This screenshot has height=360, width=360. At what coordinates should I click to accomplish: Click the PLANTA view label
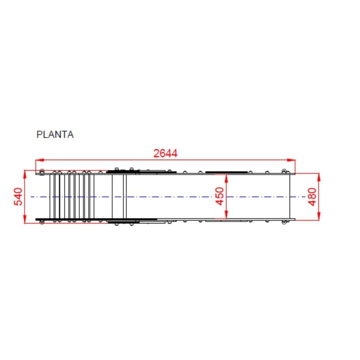[55, 134]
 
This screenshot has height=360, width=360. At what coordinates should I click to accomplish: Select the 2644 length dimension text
[165, 153]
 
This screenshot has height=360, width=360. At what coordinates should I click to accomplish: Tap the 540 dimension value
[18, 197]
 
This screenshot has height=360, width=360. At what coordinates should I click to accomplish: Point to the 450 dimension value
[220, 196]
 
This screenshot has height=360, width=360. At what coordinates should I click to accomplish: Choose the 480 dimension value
[312, 197]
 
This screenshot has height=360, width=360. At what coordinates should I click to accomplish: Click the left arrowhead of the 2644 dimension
[40, 160]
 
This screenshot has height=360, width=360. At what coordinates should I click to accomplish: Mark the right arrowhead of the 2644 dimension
[291, 160]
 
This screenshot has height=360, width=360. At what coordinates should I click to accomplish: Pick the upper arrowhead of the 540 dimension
[25, 174]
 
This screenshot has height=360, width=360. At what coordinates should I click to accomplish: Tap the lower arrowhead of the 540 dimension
[25, 219]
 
